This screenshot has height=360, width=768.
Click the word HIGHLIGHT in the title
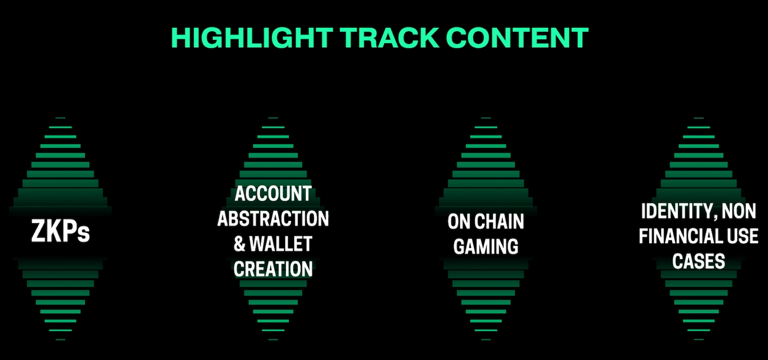(252, 37)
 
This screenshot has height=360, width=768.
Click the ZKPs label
(60, 231)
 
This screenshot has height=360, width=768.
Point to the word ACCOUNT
(273, 194)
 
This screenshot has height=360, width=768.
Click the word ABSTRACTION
(273, 219)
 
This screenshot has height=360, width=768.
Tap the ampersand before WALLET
(240, 244)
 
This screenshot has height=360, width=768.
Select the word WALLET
(281, 244)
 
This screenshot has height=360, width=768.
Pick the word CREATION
(273, 269)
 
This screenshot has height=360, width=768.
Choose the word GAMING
(486, 247)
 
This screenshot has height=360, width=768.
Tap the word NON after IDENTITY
(739, 211)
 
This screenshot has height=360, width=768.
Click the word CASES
(699, 261)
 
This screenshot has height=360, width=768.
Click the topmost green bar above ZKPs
(60, 118)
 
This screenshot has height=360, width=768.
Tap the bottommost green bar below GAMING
(486, 340)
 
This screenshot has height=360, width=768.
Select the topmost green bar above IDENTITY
(699, 118)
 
